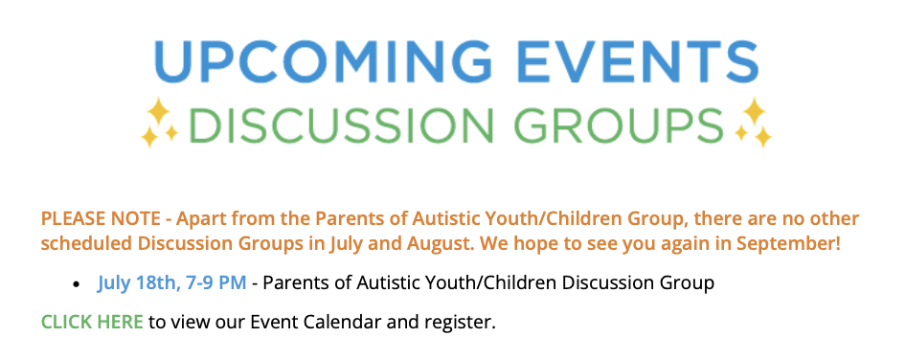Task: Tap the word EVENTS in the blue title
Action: click(x=628, y=60)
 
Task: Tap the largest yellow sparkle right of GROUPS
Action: click(x=754, y=110)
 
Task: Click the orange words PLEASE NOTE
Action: click(x=101, y=219)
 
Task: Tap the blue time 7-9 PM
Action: click(x=216, y=283)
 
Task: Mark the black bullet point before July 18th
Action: click(x=77, y=285)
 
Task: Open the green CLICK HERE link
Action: click(x=92, y=322)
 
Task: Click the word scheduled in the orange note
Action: click(x=86, y=244)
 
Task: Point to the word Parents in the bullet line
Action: click(x=300, y=283)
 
